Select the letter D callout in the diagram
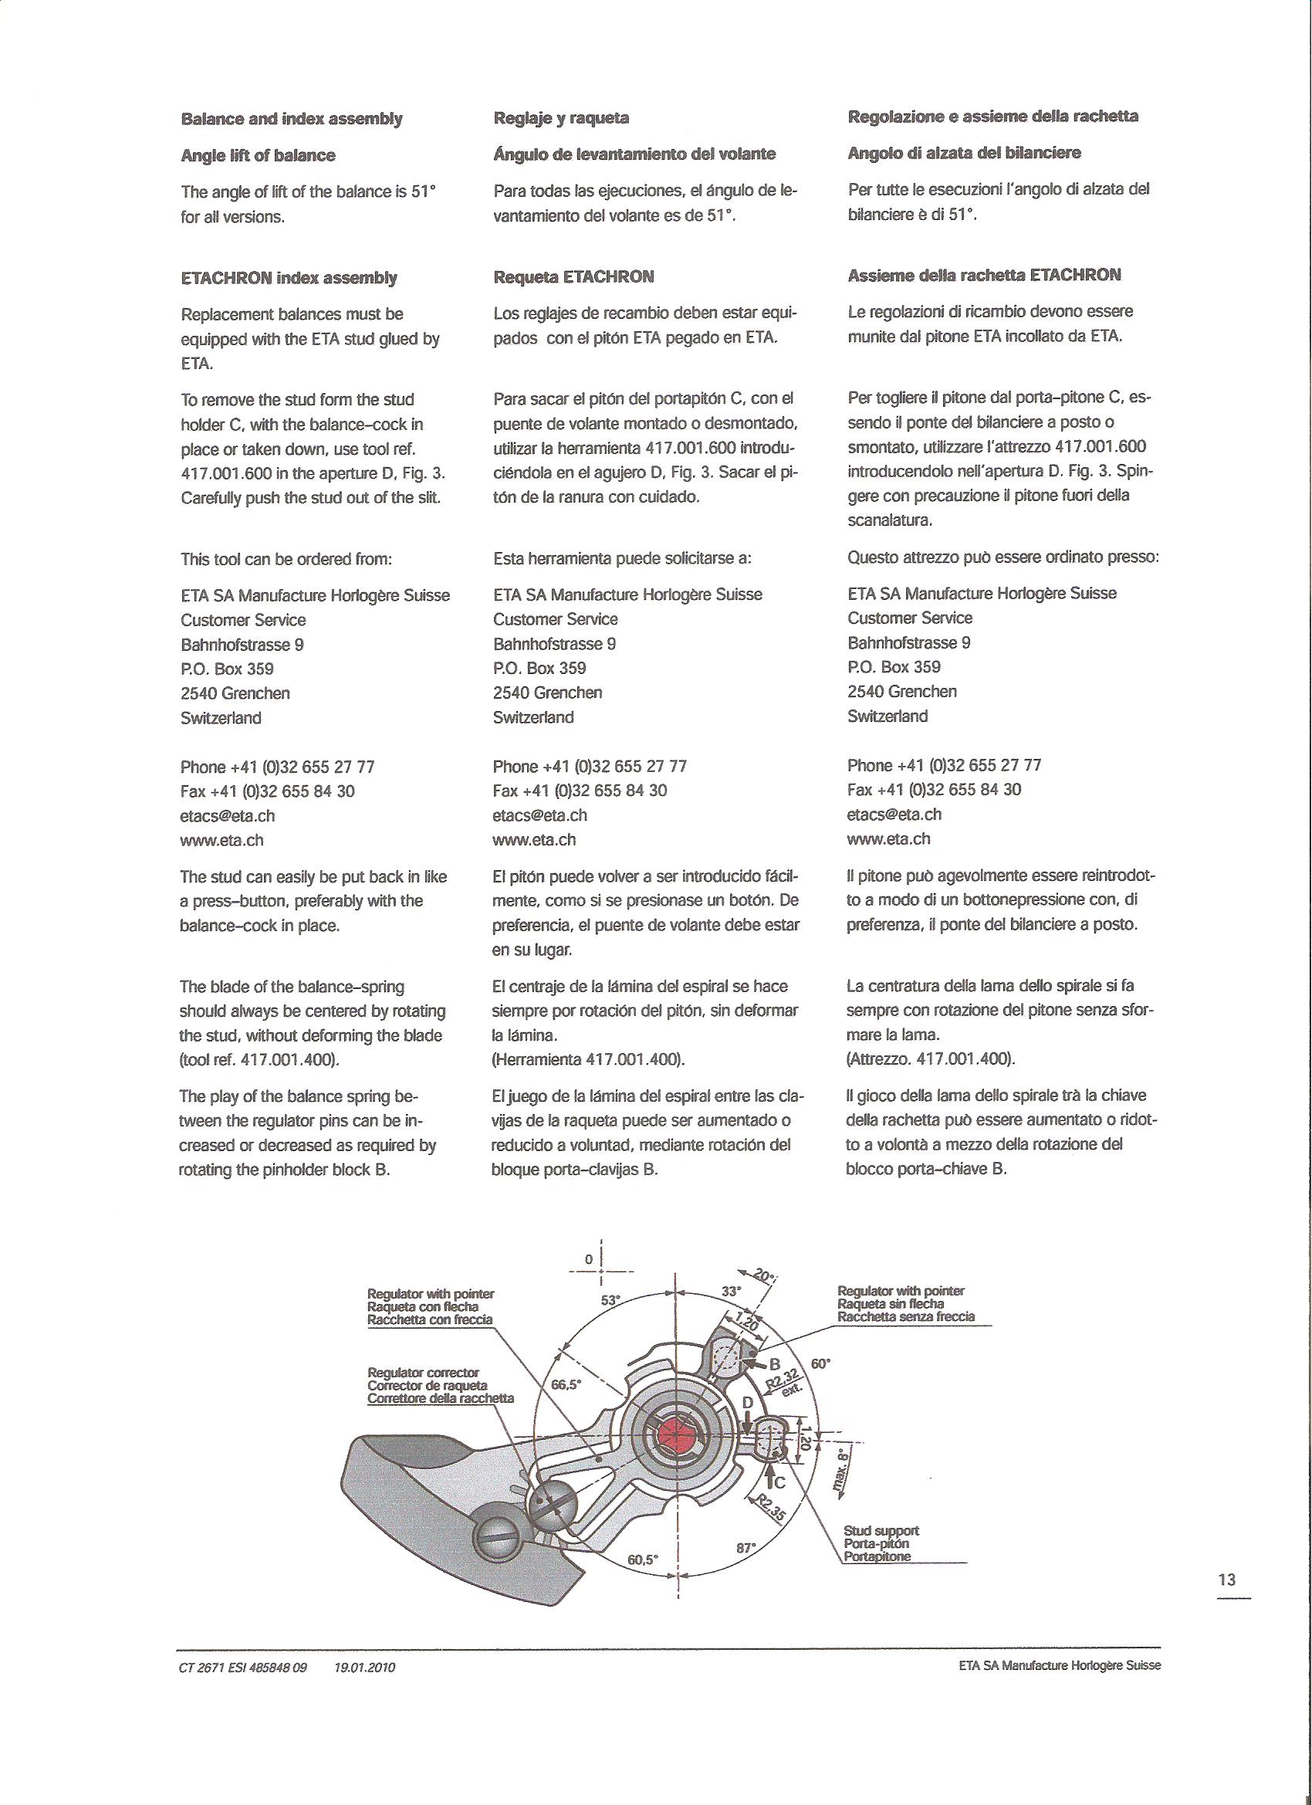(748, 1401)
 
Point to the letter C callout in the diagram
(779, 1482)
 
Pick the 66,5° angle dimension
(567, 1384)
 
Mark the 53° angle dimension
(610, 1299)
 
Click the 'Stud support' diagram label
(880, 1530)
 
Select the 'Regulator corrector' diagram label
(423, 1372)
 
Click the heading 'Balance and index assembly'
(291, 120)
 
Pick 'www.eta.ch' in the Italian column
(889, 838)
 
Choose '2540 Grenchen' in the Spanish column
(547, 693)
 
